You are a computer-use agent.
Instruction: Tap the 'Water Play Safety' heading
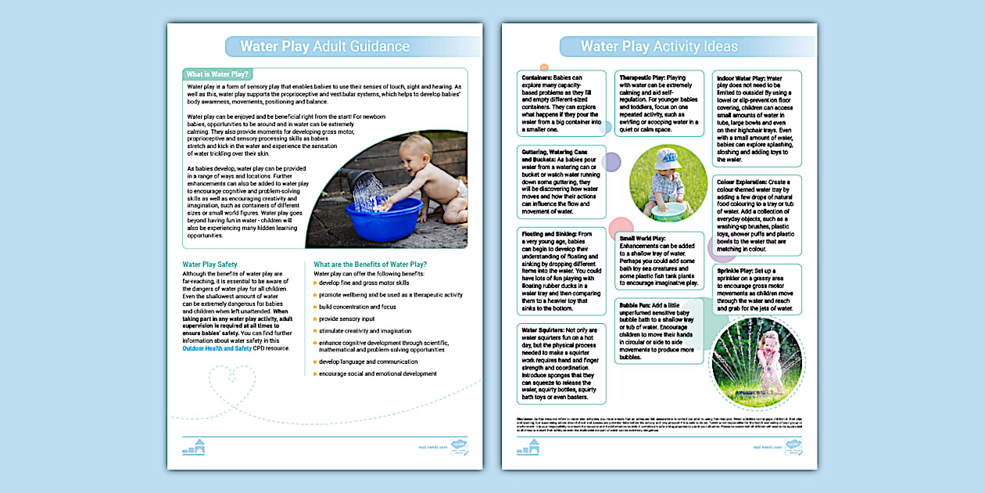(x=210, y=264)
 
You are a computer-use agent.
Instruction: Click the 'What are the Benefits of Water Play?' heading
(x=370, y=264)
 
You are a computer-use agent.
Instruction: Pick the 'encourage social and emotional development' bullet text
(x=378, y=374)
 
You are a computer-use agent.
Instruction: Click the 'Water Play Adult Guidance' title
(x=324, y=46)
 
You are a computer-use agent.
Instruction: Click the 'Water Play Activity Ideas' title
(x=658, y=46)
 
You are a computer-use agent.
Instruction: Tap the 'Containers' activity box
(x=561, y=103)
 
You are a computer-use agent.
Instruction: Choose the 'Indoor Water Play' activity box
(x=757, y=118)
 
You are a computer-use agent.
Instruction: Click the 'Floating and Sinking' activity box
(x=561, y=270)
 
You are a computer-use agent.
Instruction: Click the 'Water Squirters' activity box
(x=561, y=364)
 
